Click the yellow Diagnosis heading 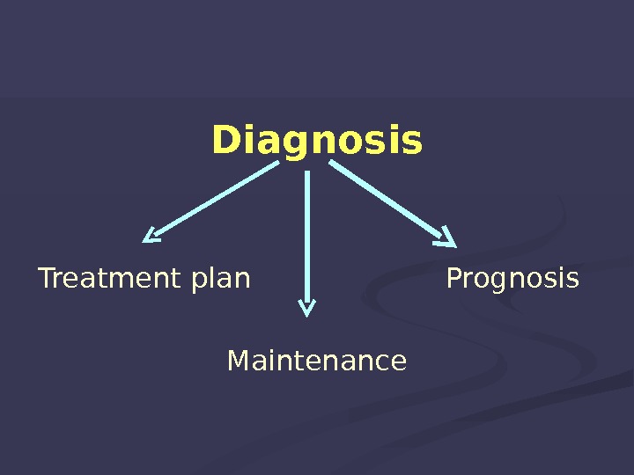(x=317, y=141)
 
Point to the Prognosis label (x=512, y=280)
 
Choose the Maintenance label (x=317, y=361)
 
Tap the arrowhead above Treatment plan (x=151, y=235)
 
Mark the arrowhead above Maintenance (x=306, y=307)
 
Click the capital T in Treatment (x=46, y=279)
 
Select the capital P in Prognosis (x=453, y=279)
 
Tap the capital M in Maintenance (x=238, y=361)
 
